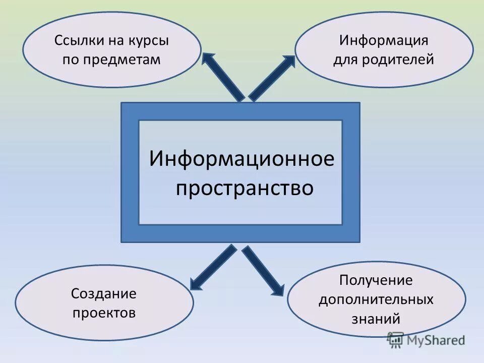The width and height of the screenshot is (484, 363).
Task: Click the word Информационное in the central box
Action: click(x=241, y=159)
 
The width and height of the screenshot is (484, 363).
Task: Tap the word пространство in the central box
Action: click(x=245, y=189)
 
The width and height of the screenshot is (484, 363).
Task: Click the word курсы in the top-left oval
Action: click(x=149, y=41)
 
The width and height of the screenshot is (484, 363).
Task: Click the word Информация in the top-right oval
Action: click(x=384, y=40)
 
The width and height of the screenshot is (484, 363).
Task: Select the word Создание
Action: click(x=104, y=293)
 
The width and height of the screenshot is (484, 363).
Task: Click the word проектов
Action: click(x=104, y=313)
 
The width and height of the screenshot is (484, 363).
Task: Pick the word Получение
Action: click(x=376, y=280)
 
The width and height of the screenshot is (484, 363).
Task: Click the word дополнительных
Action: click(x=376, y=299)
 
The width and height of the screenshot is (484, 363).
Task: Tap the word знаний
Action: click(x=376, y=319)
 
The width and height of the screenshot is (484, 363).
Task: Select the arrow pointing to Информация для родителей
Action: click(x=272, y=78)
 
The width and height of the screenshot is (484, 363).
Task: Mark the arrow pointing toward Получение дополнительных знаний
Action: click(x=262, y=270)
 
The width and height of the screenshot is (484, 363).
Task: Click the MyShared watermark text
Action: click(x=436, y=340)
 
